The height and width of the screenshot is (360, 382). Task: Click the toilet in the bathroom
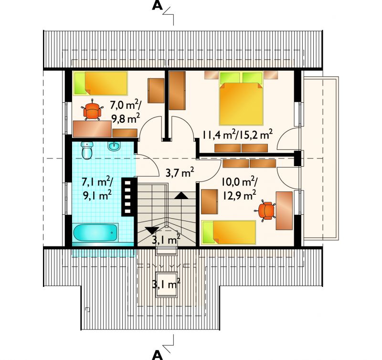(x=87, y=150)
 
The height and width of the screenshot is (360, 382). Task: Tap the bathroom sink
(x=114, y=146)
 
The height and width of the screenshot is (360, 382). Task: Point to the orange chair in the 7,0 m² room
(x=92, y=110)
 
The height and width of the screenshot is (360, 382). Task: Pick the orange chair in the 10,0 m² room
(x=265, y=211)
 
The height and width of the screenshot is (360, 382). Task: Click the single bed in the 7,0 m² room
(x=100, y=83)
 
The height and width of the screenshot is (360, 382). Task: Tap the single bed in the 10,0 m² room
(x=229, y=233)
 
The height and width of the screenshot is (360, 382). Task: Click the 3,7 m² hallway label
(x=180, y=173)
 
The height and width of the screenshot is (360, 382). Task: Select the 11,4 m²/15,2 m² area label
(x=237, y=134)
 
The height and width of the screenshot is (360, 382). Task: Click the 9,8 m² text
(x=126, y=118)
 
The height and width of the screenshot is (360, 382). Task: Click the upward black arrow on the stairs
(x=181, y=195)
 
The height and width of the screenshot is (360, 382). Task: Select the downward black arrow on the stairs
(x=152, y=230)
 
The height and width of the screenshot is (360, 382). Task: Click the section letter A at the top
(x=157, y=6)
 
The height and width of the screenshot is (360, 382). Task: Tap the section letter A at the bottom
(x=157, y=355)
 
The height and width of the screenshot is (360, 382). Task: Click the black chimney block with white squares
(x=127, y=197)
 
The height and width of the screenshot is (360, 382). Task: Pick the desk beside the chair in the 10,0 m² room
(x=284, y=211)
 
